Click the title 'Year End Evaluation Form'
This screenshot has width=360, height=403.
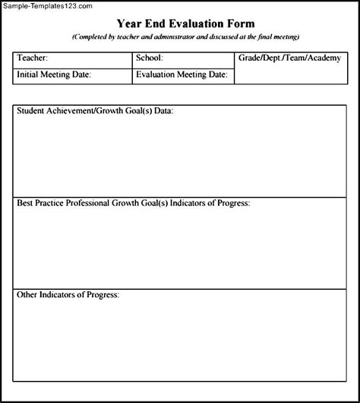tap(185, 24)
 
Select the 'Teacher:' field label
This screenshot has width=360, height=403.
tap(33, 58)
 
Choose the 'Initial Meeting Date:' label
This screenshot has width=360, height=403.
tap(54, 75)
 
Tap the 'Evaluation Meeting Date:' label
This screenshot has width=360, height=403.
tap(182, 75)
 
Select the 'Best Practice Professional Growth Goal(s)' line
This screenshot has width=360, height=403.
tap(134, 203)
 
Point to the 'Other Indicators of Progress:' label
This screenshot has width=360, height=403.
tap(68, 294)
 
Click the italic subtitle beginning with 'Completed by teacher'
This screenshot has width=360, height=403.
tap(185, 36)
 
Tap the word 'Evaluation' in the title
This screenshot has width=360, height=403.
tap(193, 24)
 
